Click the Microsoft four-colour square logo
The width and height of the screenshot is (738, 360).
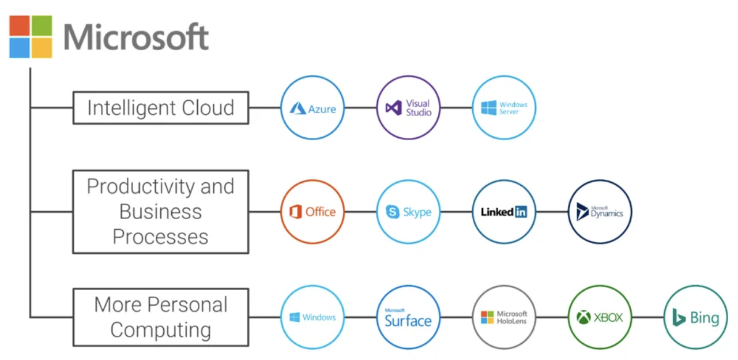[31, 36]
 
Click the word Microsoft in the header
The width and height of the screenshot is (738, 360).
[136, 37]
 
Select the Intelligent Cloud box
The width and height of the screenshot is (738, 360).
[160, 108]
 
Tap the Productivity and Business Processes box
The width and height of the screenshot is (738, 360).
[160, 212]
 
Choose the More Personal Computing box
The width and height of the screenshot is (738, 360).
[160, 317]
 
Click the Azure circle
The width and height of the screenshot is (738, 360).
[312, 108]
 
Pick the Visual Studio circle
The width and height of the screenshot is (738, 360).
[408, 108]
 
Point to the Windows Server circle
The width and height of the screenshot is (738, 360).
[504, 108]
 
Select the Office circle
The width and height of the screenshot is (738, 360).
[312, 212]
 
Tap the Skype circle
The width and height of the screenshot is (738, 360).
[408, 212]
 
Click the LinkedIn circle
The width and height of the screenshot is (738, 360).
[504, 212]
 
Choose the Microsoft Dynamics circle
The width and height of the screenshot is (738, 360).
[600, 212]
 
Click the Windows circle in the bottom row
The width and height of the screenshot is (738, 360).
[312, 317]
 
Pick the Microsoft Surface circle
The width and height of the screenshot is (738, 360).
[408, 317]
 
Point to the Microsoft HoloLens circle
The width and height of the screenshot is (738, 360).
[504, 317]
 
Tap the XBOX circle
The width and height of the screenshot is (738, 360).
[600, 317]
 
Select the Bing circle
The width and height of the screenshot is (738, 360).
[695, 317]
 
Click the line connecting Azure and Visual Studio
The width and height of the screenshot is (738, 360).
[360, 108]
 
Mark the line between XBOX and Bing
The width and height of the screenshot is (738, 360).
[647, 317]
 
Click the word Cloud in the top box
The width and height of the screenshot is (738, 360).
[208, 108]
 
